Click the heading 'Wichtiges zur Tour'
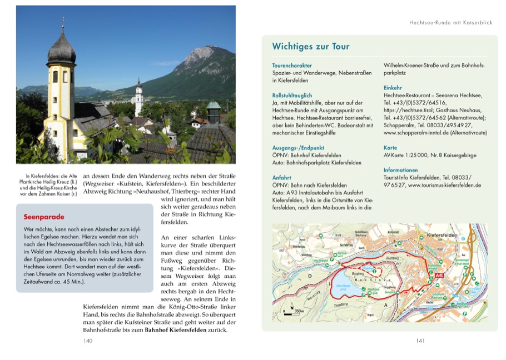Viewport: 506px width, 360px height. (x=310, y=47)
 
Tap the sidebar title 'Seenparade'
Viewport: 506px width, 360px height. (x=44, y=217)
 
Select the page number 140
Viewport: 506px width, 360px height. (x=87, y=341)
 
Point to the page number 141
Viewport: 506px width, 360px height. (x=420, y=341)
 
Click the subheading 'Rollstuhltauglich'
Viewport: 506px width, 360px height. (x=292, y=96)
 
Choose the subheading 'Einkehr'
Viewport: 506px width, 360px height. (x=393, y=88)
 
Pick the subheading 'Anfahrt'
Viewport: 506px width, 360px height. (x=282, y=177)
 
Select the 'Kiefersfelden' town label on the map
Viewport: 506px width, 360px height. (x=443, y=236)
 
